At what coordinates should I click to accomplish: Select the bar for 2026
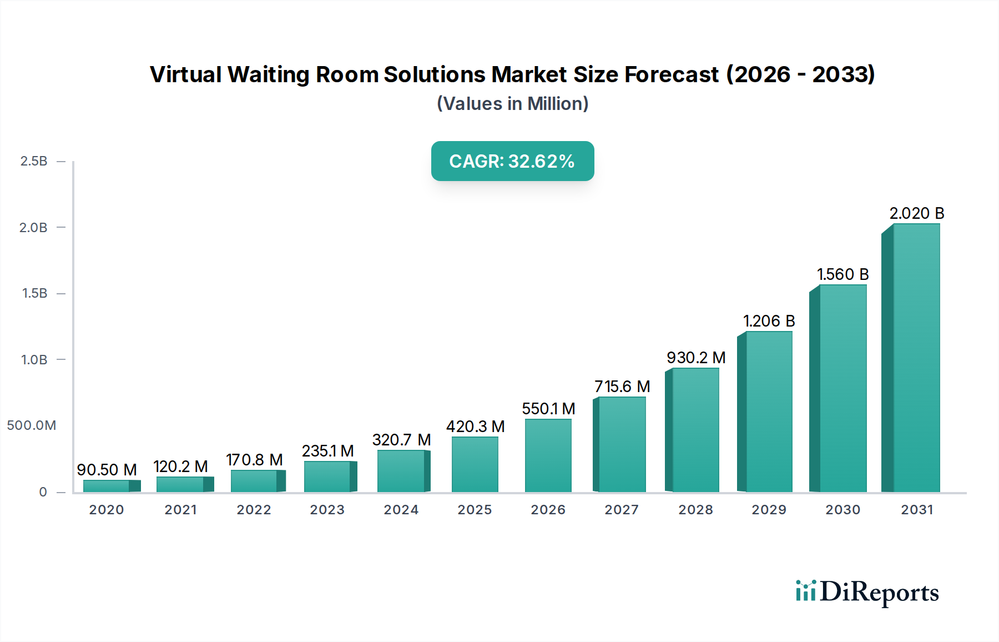pos(548,455)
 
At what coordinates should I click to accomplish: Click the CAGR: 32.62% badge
pos(512,161)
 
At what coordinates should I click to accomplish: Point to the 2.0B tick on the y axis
pos(33,228)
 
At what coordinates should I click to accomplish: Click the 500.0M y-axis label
pos(32,425)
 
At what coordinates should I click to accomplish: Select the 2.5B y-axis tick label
pos(33,161)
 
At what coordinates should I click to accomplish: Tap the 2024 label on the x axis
pos(401,510)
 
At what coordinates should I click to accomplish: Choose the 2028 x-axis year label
pos(695,510)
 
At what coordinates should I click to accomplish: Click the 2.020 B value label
pos(916,213)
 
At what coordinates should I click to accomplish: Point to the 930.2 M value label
pos(696,358)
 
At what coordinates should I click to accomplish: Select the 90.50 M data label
pos(107,470)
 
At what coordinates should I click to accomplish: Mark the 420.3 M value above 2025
pos(475,427)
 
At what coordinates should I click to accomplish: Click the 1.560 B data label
pos(842,274)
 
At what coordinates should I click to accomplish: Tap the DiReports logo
pos(867,592)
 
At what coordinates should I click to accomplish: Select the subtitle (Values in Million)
pos(512,104)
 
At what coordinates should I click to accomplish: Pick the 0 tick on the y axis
pos(43,492)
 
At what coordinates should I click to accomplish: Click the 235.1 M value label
pos(327,451)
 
